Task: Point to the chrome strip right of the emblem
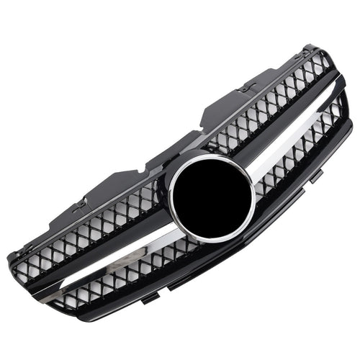(x=288, y=137)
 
